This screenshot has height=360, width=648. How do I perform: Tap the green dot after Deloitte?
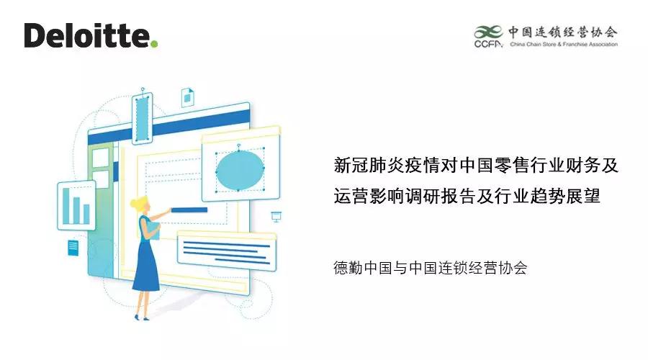pyautogui.click(x=154, y=45)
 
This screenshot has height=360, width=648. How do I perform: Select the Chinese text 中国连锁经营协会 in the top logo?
pyautogui.click(x=562, y=32)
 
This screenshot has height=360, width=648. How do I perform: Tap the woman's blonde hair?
pyautogui.click(x=141, y=205)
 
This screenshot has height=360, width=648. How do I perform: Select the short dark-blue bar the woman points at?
pyautogui.click(x=189, y=210)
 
